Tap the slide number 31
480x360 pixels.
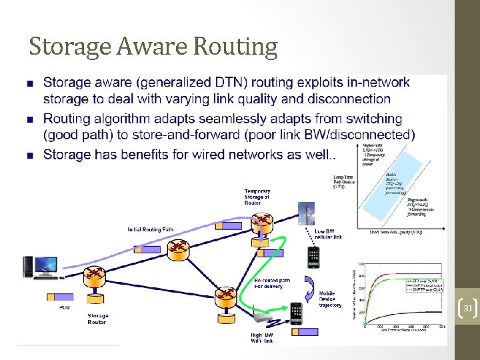[468, 309]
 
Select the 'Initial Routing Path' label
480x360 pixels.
[151, 230]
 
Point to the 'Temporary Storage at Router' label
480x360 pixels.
[257, 197]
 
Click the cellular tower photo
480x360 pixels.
[307, 215]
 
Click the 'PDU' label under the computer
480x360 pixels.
[65, 307]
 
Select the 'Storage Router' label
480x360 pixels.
[97, 319]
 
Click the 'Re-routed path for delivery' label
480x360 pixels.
[272, 283]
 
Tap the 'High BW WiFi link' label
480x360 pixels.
[261, 337]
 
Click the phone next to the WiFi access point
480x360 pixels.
[297, 314]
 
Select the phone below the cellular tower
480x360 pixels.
[313, 256]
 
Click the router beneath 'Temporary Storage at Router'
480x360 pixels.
[261, 223]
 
